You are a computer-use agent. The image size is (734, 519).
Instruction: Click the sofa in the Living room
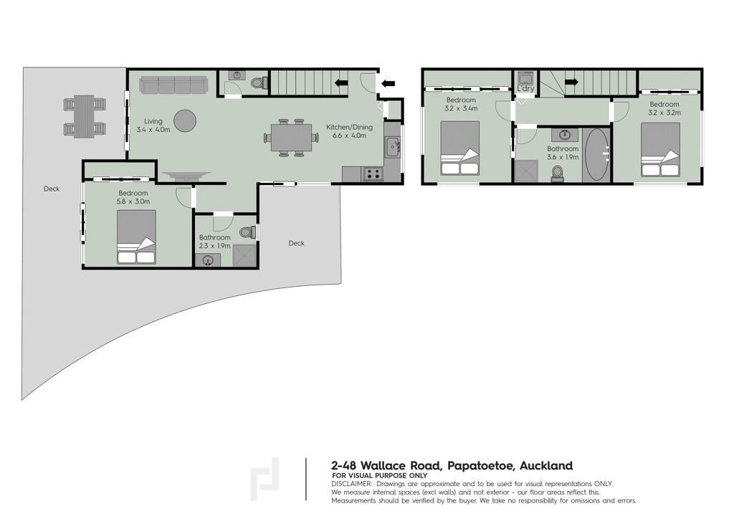tap(173, 85)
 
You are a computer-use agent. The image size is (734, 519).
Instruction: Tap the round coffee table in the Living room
tap(184, 120)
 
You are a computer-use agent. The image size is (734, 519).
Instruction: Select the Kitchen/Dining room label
tap(349, 127)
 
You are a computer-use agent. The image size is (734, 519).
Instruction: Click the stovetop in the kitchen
tap(373, 174)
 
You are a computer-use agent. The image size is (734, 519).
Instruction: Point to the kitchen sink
tap(392, 147)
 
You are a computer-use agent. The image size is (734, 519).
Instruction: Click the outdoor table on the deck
tap(85, 116)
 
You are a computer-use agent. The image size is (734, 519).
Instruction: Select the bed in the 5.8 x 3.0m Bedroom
tap(136, 237)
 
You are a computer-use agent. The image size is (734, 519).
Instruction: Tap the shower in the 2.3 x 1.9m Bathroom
tap(245, 255)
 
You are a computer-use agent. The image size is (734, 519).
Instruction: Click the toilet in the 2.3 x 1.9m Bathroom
tap(247, 232)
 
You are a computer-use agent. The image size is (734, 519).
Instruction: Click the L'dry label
tap(525, 88)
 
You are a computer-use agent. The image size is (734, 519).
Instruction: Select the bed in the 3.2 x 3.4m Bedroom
tap(460, 149)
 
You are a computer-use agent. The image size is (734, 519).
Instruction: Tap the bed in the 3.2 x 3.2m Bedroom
tap(660, 150)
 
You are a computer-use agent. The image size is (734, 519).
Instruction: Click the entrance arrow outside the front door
tap(388, 84)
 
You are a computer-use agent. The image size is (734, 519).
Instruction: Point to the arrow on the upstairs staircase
tap(571, 82)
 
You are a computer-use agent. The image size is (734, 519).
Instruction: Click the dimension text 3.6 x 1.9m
tap(563, 157)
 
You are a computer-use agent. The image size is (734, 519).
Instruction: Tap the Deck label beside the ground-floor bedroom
tap(52, 189)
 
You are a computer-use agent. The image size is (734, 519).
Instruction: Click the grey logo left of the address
tap(264, 480)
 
